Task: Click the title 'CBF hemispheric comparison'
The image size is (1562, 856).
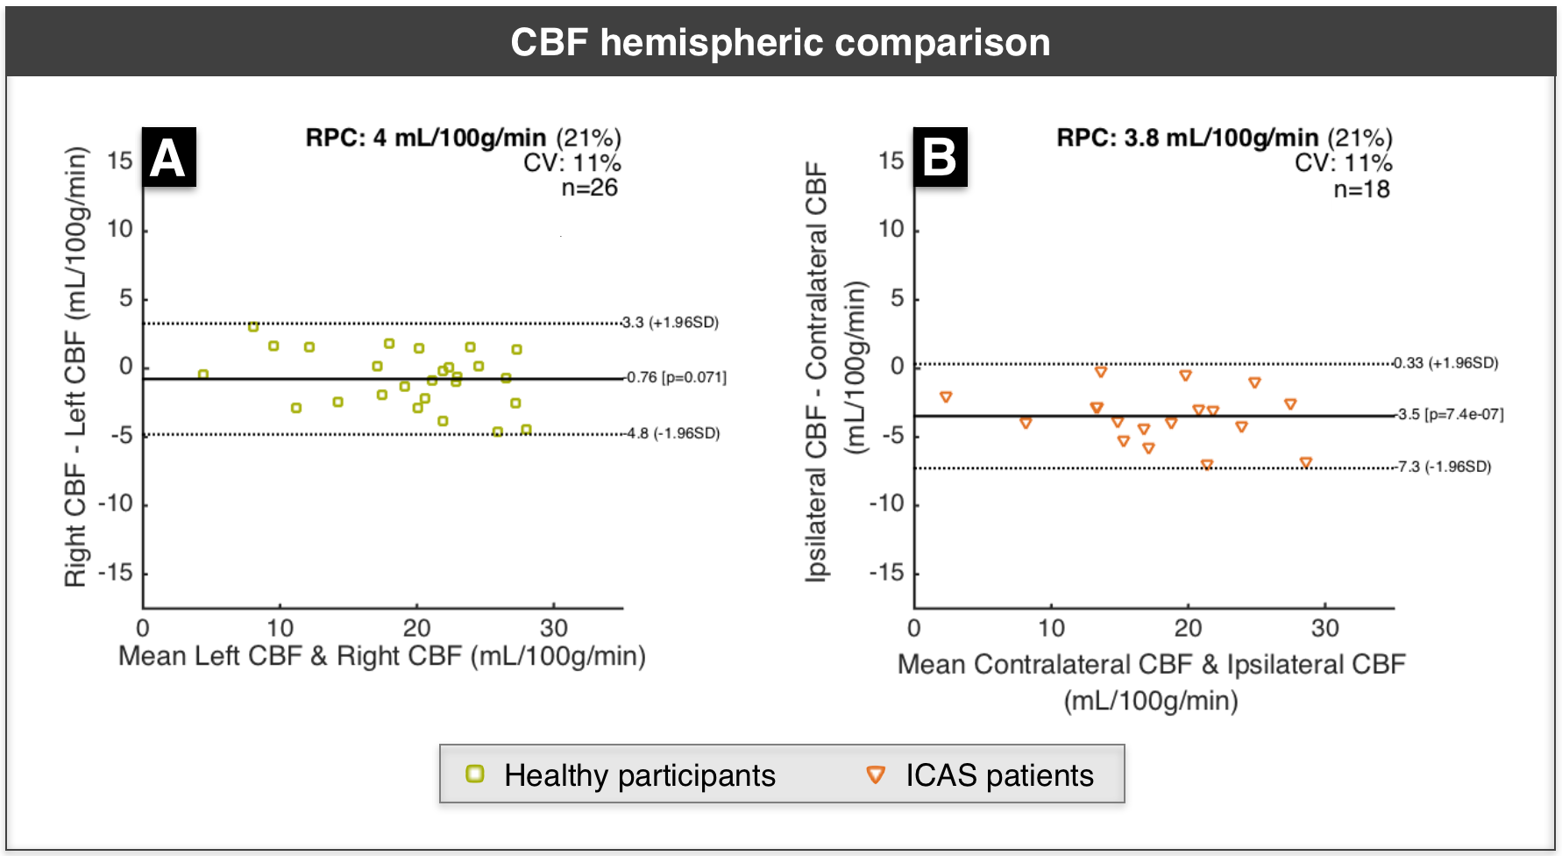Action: point(780,42)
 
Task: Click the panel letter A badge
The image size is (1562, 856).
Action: point(168,158)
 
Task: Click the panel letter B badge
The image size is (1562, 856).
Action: point(940,158)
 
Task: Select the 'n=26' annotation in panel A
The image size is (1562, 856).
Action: point(589,188)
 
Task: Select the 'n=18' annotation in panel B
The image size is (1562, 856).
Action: point(1361,189)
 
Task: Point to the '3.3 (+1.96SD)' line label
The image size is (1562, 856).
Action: point(671,323)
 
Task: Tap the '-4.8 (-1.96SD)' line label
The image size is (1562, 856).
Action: point(672,433)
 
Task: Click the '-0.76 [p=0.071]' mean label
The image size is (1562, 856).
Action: point(676,378)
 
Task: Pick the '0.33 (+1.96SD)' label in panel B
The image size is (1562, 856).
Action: point(1446,363)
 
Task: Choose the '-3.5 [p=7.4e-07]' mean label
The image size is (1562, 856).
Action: point(1450,415)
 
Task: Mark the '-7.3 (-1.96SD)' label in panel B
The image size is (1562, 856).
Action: point(1444,467)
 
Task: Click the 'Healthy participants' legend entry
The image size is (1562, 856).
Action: point(622,775)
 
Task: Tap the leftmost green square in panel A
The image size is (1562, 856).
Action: point(203,374)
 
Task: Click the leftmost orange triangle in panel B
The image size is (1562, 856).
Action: point(946,397)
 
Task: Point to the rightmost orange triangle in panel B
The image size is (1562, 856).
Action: point(1306,462)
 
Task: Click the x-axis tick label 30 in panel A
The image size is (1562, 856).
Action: point(554,628)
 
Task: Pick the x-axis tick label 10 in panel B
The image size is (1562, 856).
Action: point(1051,628)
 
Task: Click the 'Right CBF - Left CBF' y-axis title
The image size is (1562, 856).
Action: point(76,367)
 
